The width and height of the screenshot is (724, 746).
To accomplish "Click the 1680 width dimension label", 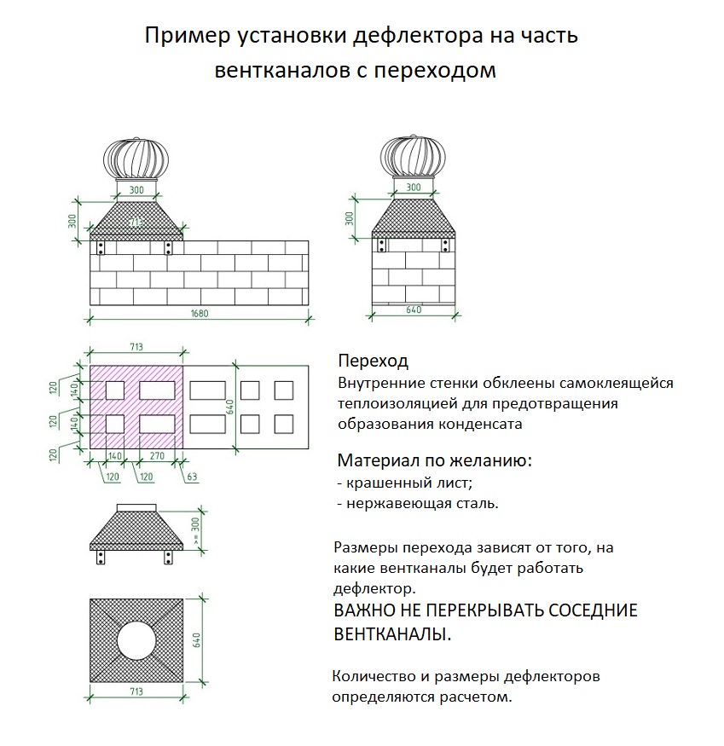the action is point(200,314).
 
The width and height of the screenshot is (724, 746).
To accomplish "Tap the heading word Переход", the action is point(374,361).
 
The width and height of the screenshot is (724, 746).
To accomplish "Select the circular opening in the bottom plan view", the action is point(136,640).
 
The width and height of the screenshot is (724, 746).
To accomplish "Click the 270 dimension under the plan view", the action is point(157,456).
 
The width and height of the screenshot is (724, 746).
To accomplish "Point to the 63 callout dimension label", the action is point(191,477).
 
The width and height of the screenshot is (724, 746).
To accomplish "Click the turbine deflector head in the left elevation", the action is point(136,159).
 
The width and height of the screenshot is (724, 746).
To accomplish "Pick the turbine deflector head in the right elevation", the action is point(414,156).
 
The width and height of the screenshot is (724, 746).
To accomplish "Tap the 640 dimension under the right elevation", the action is point(414,309).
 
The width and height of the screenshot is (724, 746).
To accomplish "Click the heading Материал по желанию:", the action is point(435,460).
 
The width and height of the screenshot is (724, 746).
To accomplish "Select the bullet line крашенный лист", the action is point(405,483).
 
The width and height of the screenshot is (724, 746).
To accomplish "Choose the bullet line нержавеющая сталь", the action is point(418,503).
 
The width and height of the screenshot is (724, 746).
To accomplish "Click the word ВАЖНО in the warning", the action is point(365,610).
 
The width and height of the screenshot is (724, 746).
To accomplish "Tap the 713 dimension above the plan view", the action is point(136,347).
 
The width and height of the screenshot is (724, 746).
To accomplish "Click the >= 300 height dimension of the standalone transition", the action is point(195,531).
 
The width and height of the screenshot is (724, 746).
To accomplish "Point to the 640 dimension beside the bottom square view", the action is point(197,640).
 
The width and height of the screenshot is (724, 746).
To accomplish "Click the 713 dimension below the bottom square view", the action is point(136,691).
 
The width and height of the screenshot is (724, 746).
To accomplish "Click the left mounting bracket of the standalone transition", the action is point(101,557).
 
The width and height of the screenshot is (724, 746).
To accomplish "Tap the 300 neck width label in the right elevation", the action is point(414,188).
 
